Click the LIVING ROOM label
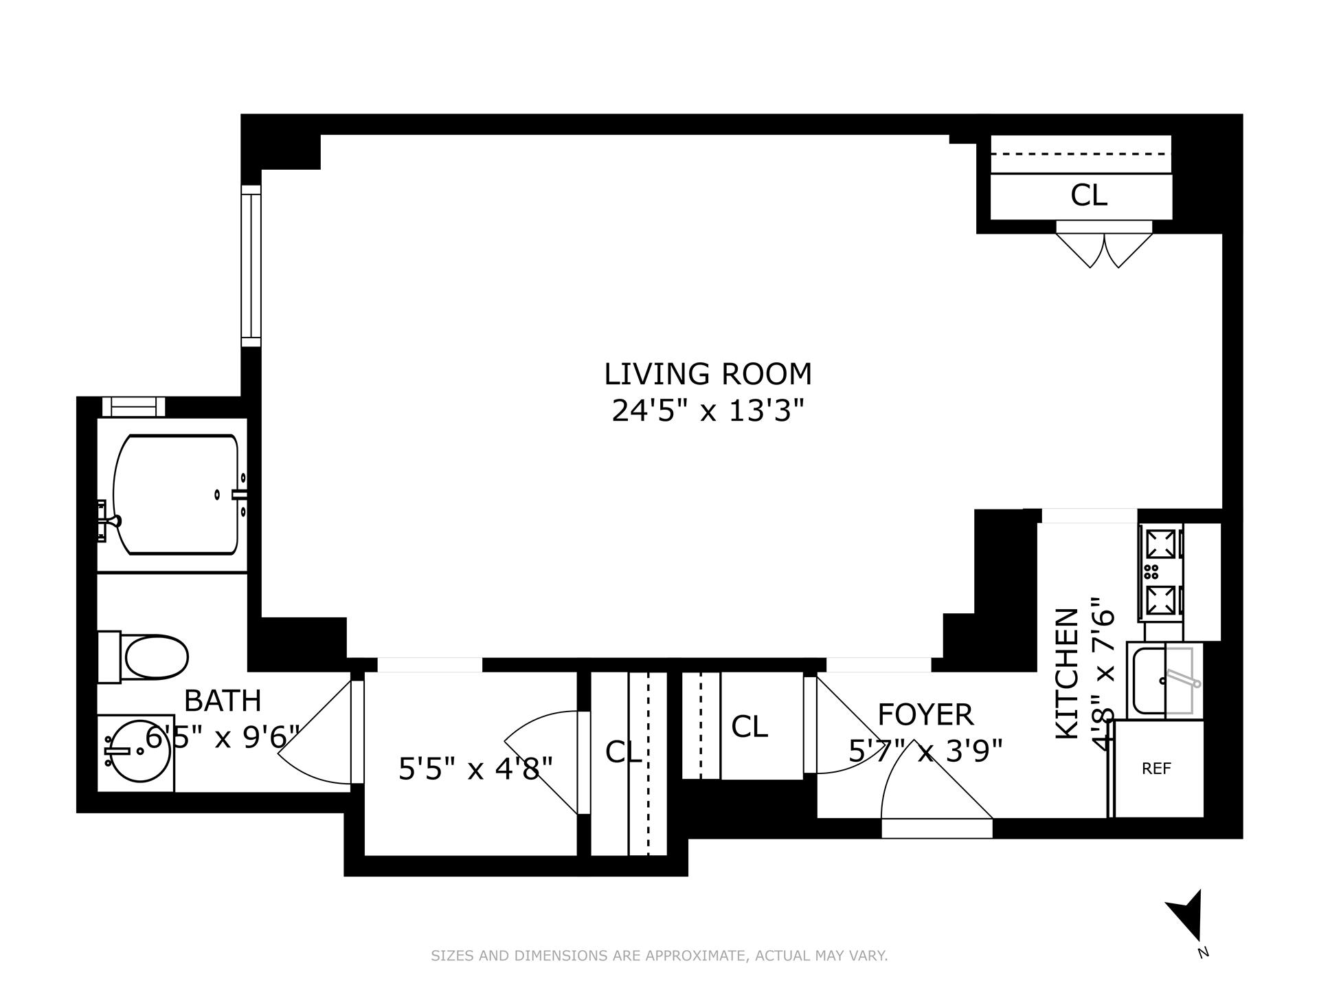708,375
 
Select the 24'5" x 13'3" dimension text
708,412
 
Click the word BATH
223,701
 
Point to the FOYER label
925,715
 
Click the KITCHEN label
1067,674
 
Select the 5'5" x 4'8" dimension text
475,769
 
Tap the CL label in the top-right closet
1089,196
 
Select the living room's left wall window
251,265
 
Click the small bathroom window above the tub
134,407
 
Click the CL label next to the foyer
749,727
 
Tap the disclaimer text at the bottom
659,956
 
